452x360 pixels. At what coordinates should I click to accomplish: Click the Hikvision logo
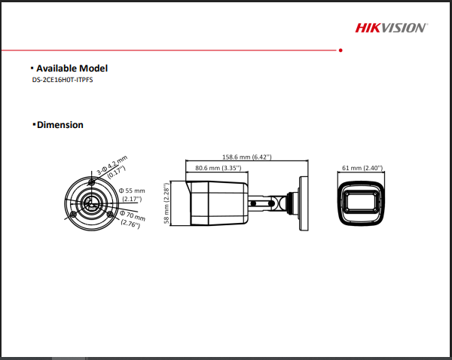(x=392, y=28)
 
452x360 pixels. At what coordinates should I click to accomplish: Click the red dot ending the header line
(x=341, y=50)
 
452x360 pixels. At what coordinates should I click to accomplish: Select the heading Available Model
(x=72, y=69)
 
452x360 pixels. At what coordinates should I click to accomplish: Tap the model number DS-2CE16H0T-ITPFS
(x=63, y=80)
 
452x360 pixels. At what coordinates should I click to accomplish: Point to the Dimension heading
(x=60, y=125)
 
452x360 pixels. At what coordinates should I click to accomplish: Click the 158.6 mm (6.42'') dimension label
(x=247, y=157)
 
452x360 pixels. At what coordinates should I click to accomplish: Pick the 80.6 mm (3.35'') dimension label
(x=218, y=168)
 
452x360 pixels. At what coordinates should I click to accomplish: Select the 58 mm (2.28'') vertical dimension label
(x=166, y=203)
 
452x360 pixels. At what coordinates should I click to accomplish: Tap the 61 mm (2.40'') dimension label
(x=362, y=168)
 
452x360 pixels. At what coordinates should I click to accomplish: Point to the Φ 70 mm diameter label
(x=132, y=219)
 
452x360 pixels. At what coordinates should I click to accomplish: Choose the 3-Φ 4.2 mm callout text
(x=112, y=167)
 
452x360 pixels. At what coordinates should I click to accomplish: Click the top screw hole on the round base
(x=92, y=182)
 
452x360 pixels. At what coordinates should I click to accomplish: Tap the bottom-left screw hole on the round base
(x=74, y=214)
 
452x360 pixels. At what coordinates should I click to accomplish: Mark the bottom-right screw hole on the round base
(x=110, y=214)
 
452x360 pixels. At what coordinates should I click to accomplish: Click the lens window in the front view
(x=361, y=202)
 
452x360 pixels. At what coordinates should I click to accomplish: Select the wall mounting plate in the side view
(x=304, y=203)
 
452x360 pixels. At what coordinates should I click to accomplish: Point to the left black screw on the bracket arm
(x=253, y=203)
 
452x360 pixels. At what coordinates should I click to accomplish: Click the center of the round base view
(x=91, y=203)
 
